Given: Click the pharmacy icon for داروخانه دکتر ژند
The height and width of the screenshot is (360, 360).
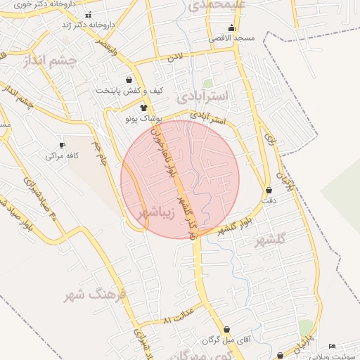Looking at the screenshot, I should [x=87, y=15].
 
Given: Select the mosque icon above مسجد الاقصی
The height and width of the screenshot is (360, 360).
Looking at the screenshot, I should [x=231, y=28].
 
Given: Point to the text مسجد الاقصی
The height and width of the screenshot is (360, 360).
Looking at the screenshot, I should [x=231, y=38].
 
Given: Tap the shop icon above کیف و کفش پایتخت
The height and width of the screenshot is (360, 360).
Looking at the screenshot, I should [x=128, y=80].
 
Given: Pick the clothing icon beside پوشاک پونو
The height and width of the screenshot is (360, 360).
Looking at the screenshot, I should [x=144, y=108].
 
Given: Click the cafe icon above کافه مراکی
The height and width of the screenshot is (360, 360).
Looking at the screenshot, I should [x=63, y=145].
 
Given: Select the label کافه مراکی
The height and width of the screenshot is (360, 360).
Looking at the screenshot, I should [x=63, y=155].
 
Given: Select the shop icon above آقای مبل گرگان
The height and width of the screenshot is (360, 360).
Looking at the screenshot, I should [x=226, y=329].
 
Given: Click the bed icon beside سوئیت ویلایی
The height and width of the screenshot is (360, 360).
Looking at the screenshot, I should [x=332, y=347].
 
